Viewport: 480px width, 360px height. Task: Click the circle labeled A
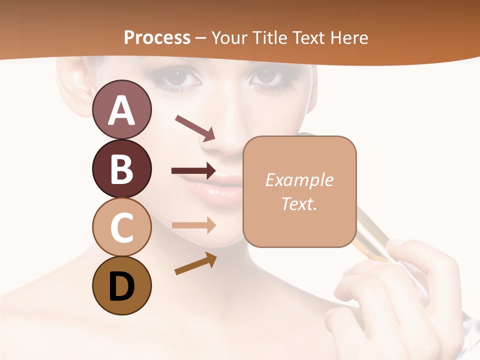coord(121,109)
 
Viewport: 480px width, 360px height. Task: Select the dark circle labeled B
coord(121,168)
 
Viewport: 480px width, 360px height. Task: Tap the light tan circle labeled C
coord(121,227)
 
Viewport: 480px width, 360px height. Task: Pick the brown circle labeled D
coord(121,285)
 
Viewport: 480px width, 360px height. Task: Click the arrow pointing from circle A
coord(195,127)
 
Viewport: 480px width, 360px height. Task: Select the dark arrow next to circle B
coord(193,171)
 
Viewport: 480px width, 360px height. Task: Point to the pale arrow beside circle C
coord(194,225)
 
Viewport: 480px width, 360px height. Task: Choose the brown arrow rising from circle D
coord(195,263)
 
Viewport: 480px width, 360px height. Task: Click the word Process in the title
coord(157,37)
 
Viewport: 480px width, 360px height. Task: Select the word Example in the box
coord(299,180)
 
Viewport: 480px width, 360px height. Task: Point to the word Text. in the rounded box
coord(299,203)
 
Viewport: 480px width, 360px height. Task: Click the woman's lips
coord(220,187)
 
